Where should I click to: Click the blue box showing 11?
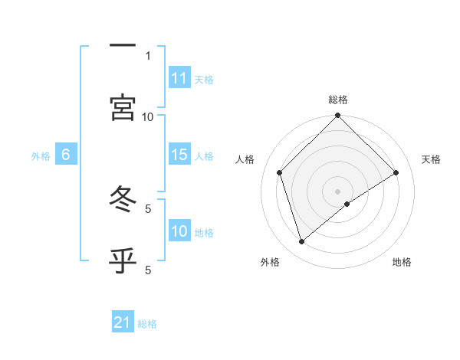[x=179, y=78]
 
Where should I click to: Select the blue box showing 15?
[x=179, y=155]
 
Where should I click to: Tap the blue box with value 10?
[x=179, y=231]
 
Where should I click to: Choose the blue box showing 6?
[x=66, y=155]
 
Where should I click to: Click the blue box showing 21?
[x=123, y=323]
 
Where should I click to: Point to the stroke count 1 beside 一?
[x=148, y=55]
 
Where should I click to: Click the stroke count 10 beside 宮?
[x=148, y=116]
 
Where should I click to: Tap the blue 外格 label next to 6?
[x=41, y=155]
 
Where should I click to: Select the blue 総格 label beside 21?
[x=147, y=324]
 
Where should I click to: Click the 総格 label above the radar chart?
[x=338, y=100]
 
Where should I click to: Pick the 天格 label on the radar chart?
[x=432, y=159]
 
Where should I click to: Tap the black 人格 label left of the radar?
[x=245, y=159]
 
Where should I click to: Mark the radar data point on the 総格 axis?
[x=338, y=116]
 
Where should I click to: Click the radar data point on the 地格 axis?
[x=347, y=204]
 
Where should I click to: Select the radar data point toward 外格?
[x=301, y=242]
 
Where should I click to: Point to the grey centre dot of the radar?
[x=338, y=191]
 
